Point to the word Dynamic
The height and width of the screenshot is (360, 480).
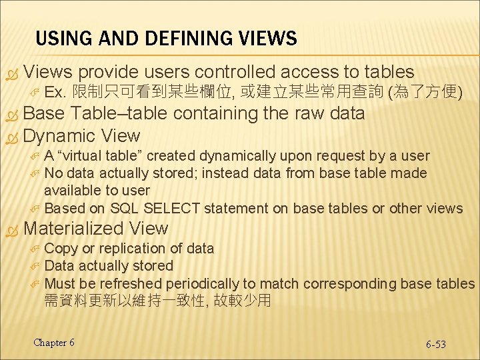59,136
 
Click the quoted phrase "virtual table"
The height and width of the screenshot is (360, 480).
100,156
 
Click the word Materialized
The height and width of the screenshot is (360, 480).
74,229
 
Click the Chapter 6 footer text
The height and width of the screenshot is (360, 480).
54,343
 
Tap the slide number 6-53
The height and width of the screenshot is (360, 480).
436,344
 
